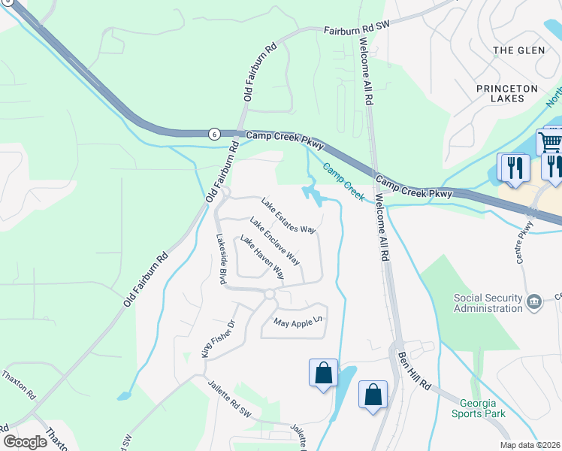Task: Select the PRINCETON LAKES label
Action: tap(507, 94)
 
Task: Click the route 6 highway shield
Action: tap(214, 134)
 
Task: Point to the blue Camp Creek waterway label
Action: tap(343, 183)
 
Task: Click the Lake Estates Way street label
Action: tap(288, 215)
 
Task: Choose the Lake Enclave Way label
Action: tap(275, 241)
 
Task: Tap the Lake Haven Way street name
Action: tap(261, 257)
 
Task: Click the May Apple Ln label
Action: tap(298, 322)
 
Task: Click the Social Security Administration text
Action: tap(488, 303)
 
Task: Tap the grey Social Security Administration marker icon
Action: tap(533, 302)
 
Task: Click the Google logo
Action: tap(25, 441)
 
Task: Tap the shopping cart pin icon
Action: tap(550, 141)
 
